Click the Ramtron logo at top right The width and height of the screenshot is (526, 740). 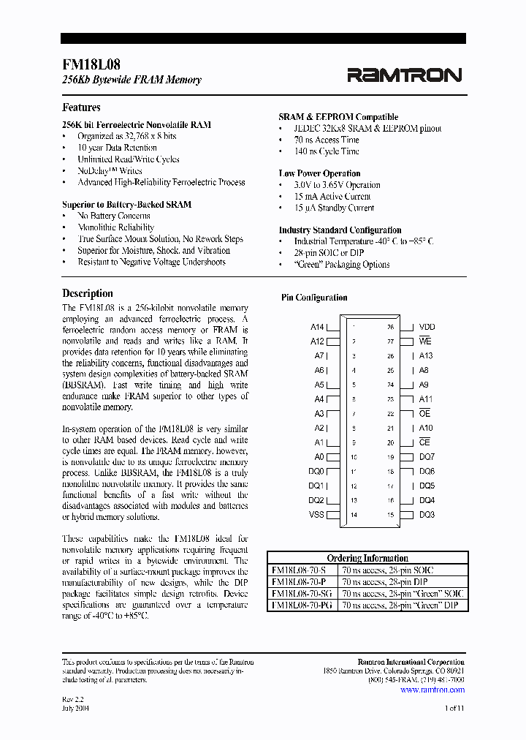404,75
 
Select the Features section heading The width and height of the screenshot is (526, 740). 81,107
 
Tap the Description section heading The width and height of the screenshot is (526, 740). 88,293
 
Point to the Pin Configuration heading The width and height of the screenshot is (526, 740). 314,298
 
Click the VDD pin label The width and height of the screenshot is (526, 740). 427,328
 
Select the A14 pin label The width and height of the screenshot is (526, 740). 317,328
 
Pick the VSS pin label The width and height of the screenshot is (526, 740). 316,515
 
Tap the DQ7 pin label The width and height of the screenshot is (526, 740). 427,457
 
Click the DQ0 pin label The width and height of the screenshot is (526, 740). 316,472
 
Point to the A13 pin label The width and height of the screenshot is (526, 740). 426,356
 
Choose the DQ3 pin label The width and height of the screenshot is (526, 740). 427,515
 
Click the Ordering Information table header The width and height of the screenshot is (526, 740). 367,558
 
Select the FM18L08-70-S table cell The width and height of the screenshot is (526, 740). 301,570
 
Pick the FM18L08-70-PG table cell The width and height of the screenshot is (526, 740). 301,605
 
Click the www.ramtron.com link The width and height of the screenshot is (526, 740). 432,690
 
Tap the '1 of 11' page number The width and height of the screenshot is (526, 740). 454,708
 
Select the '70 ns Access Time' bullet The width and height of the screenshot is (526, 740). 327,140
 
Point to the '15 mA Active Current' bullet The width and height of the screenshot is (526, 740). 332,197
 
